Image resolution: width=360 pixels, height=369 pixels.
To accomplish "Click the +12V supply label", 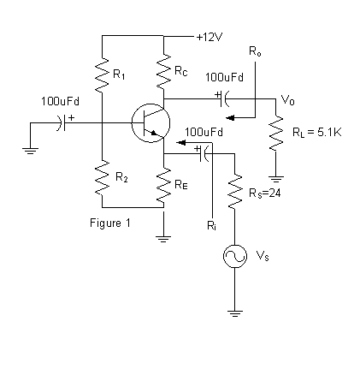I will pos(210,37).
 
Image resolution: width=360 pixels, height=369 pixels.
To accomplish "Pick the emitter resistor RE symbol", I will pos(163,182).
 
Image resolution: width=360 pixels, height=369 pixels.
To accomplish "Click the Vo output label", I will pos(287,99).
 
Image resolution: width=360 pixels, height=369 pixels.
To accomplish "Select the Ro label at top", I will pos(255,52).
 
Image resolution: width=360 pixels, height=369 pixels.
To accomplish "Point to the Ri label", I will pos(211,226).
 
